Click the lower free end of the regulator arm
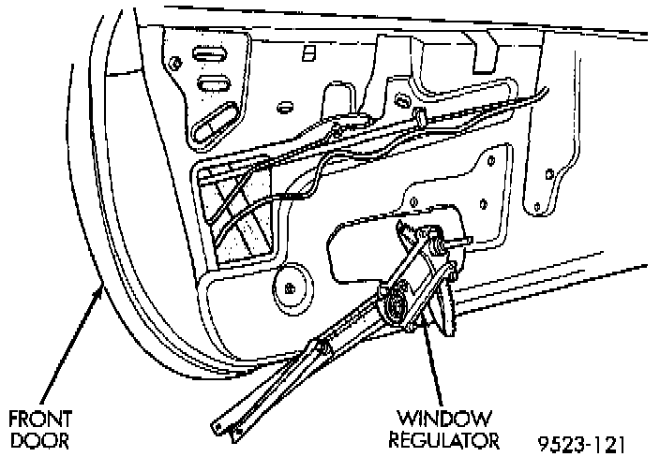point(225,431)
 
